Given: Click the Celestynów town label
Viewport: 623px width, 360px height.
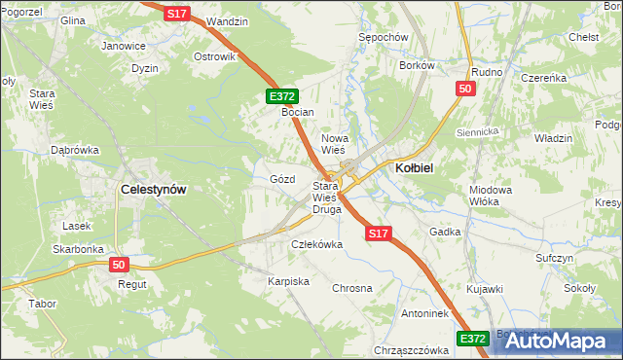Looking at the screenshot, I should point(152,190).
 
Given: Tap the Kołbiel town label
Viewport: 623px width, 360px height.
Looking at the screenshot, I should point(414,167).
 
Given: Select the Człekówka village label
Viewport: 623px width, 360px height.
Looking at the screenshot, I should point(317,244).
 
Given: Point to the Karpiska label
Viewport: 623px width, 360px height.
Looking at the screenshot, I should point(288,281).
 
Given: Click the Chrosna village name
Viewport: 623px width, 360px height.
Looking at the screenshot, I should point(352,289).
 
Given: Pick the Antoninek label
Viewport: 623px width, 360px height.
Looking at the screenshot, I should point(423,314).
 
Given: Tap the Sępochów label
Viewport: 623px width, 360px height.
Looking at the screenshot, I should point(382,36).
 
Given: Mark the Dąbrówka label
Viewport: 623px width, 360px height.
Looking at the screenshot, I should point(76,150).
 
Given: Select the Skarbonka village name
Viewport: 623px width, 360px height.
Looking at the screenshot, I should point(79,249).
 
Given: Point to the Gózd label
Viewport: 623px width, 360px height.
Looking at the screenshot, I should point(281,180).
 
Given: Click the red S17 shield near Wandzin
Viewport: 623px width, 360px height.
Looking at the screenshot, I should point(176,14).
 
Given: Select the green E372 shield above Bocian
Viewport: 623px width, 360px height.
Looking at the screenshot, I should point(282,96).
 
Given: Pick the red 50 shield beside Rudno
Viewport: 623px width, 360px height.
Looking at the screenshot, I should point(465,90).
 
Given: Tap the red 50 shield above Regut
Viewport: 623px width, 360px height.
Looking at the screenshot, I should point(120,265).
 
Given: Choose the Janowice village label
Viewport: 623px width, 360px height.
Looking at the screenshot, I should point(124,46).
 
